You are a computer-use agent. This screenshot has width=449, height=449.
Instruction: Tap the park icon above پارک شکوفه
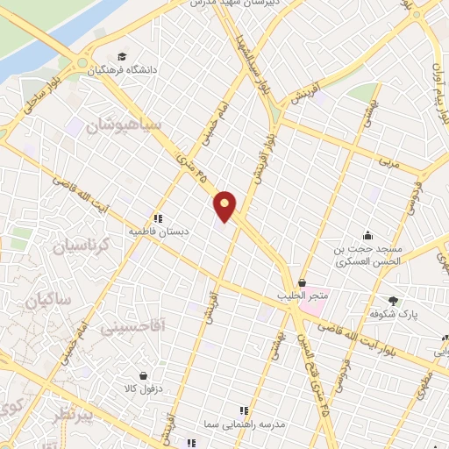(393, 300)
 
